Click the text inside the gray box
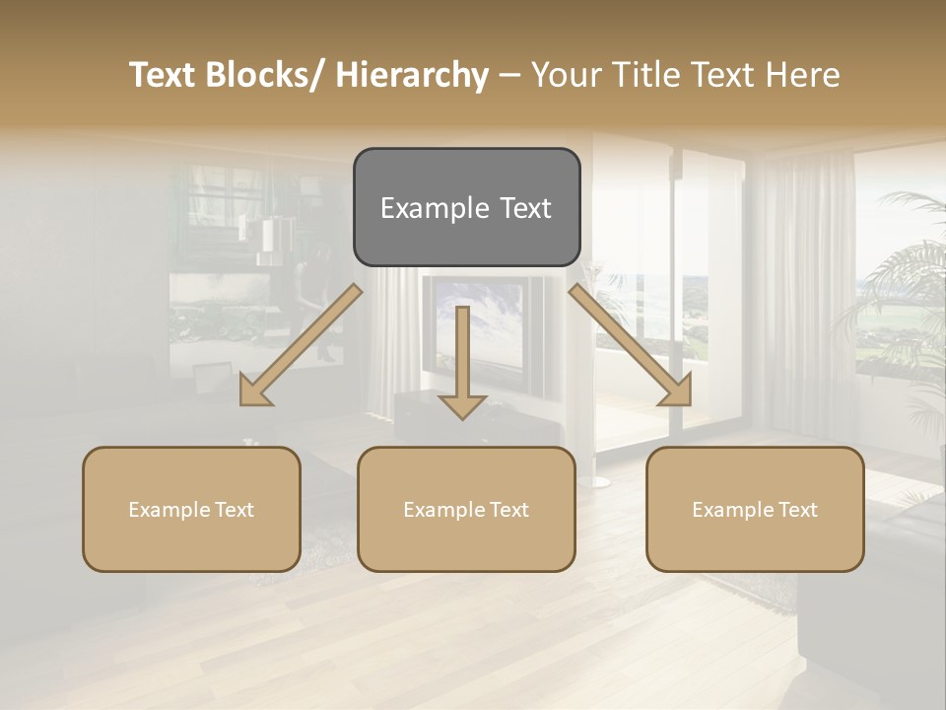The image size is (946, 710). [x=466, y=209]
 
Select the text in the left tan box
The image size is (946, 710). [x=191, y=510]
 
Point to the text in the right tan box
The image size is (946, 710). [x=755, y=510]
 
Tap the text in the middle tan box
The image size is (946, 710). [x=466, y=510]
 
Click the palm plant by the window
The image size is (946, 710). [x=902, y=296]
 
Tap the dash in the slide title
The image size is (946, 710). [x=509, y=75]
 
